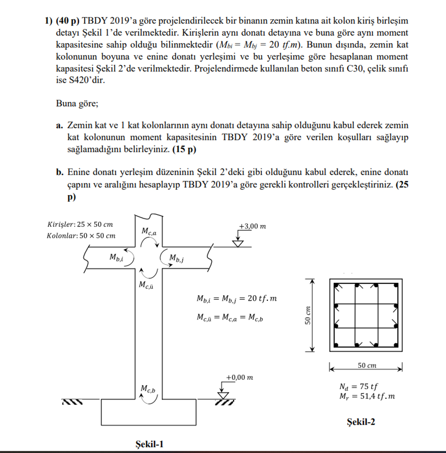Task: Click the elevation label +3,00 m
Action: [x=252, y=226]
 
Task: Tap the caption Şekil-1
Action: [x=150, y=444]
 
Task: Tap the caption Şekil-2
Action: [x=361, y=422]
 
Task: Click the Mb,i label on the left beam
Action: [x=116, y=257]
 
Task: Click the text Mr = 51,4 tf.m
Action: [x=367, y=396]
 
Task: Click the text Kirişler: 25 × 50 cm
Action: [x=79, y=224]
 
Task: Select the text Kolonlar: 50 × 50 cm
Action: [x=80, y=236]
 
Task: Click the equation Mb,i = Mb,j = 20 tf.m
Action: [x=237, y=299]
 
